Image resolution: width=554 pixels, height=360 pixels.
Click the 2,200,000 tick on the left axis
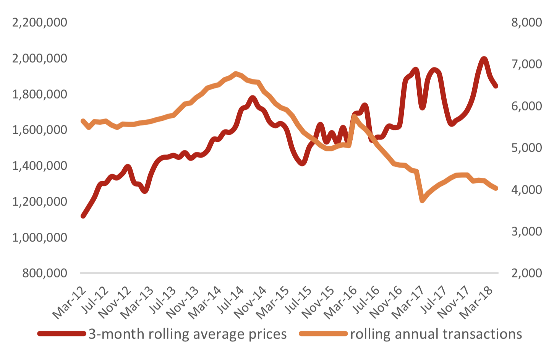(40, 23)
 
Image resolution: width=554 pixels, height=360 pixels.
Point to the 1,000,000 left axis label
(40, 237)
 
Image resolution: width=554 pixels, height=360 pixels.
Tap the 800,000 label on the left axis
(45, 273)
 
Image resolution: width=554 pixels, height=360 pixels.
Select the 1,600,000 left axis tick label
(40, 130)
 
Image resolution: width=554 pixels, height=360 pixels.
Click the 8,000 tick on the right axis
(526, 23)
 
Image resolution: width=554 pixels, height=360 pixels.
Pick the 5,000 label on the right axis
(526, 148)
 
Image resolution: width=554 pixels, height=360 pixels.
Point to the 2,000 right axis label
(526, 273)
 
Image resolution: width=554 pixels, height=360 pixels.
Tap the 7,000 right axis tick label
(526, 64)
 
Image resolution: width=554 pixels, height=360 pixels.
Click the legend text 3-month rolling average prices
(188, 334)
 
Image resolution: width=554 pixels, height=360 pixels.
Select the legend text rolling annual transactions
(436, 334)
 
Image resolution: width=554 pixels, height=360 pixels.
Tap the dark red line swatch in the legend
(62, 334)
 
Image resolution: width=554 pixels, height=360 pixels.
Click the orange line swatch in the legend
(323, 334)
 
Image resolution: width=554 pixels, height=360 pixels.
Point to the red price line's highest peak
(484, 59)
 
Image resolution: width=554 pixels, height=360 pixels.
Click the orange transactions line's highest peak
(235, 73)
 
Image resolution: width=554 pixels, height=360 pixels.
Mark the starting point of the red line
(83, 216)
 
